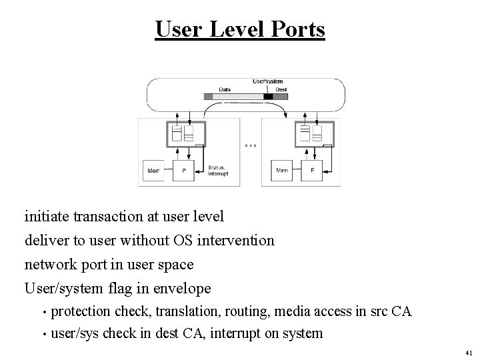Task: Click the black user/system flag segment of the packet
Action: pos(268,97)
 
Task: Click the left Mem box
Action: pos(154,169)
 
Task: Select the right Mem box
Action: pos(283,169)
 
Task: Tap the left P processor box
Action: pos(183,169)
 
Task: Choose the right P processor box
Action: pos(312,169)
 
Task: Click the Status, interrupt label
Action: pos(218,171)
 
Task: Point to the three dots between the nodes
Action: pos(250,145)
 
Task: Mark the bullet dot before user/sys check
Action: pos(43,333)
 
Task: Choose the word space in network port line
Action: pos(175,264)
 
